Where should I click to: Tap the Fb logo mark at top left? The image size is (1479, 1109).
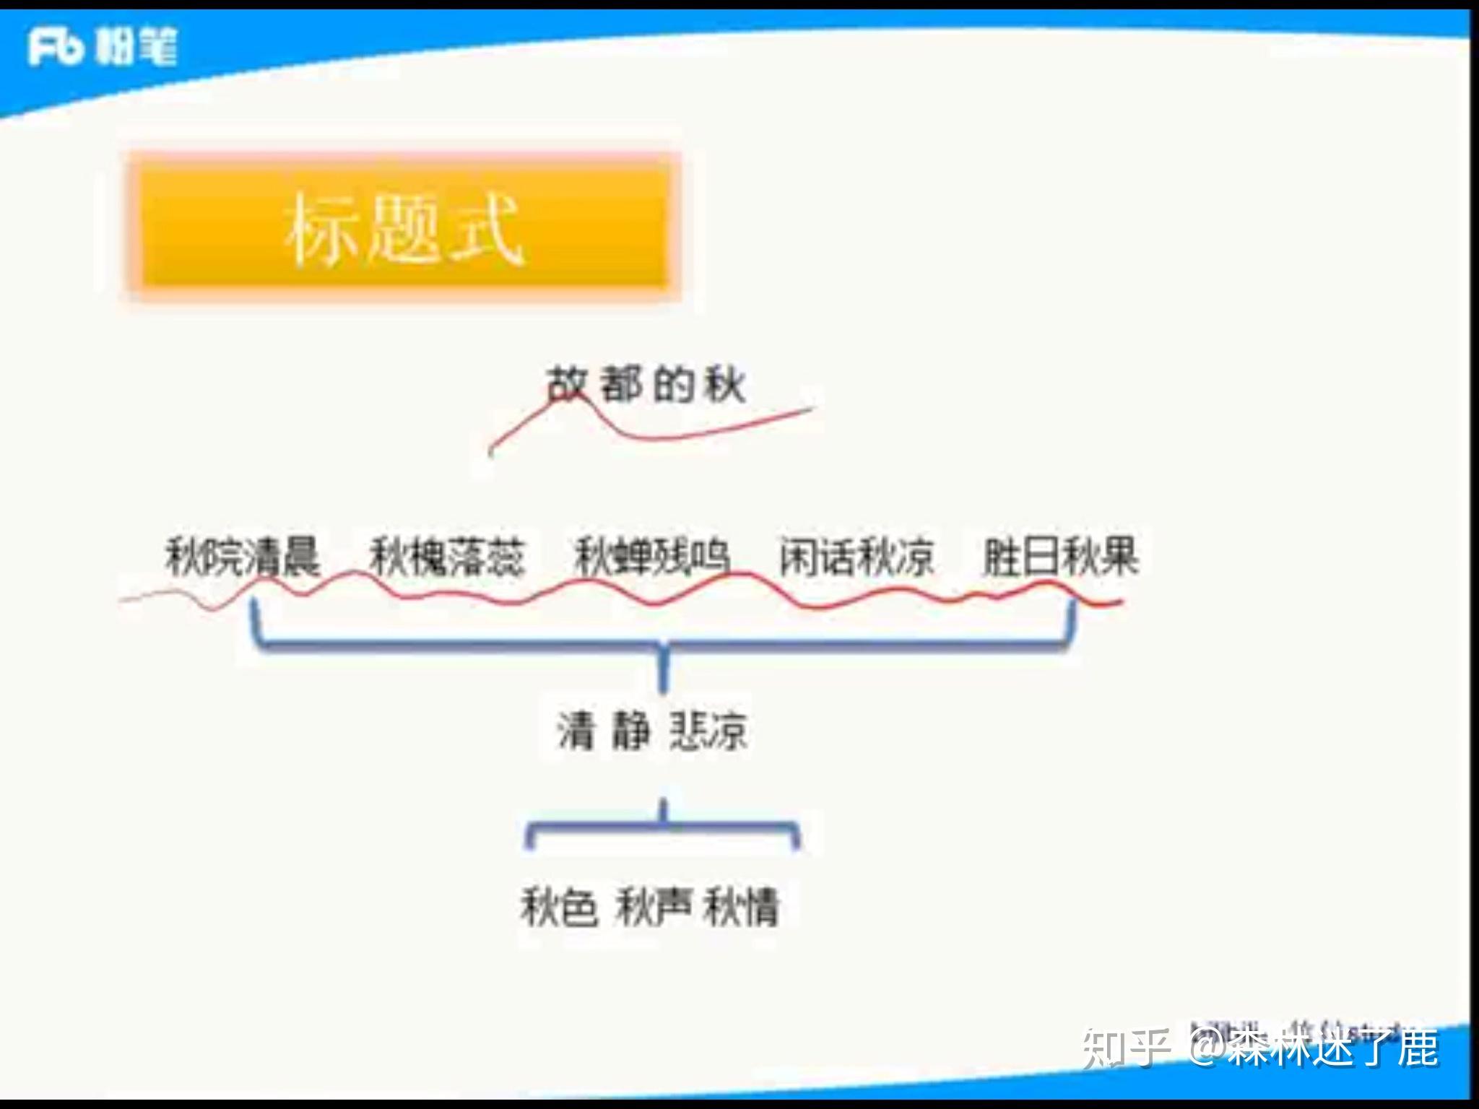(54, 47)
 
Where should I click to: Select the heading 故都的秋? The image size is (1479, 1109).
(645, 384)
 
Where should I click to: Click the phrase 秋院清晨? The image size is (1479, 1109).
(243, 557)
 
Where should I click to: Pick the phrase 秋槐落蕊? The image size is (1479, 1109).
(447, 557)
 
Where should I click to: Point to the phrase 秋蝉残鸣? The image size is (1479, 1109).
(651, 557)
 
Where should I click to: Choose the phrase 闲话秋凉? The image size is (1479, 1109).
(856, 557)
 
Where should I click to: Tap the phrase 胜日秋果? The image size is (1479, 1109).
(1060, 557)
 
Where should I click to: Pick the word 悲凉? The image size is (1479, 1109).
(708, 731)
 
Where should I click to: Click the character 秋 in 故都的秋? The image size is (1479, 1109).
(725, 384)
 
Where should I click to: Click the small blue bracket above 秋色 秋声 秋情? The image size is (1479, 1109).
(663, 827)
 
